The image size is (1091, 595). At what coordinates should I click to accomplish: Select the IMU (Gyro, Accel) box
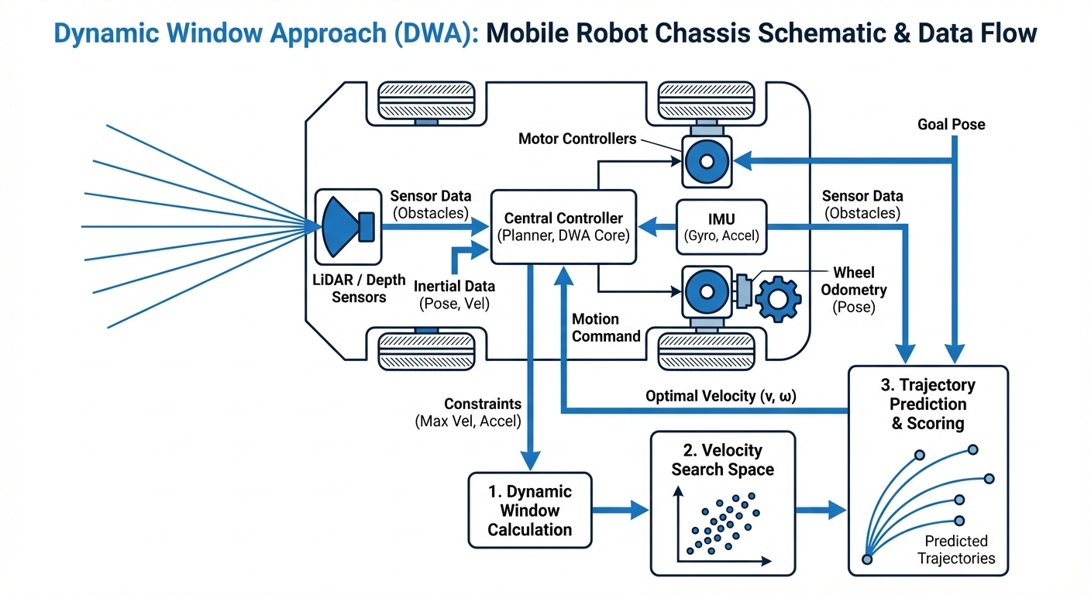721,227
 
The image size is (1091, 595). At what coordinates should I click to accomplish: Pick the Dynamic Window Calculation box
530,510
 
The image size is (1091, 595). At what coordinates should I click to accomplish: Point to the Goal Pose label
951,124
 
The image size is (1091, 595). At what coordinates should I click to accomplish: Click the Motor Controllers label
577,139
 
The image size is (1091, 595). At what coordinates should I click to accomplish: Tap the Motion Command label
605,327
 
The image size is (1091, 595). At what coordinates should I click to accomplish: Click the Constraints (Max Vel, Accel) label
469,412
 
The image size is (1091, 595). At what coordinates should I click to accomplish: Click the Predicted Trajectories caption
955,549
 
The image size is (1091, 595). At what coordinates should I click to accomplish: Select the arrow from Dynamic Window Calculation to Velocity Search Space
621,510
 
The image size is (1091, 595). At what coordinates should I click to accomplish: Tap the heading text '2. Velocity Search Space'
722,459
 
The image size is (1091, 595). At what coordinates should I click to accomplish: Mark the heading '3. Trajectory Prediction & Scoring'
928,404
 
